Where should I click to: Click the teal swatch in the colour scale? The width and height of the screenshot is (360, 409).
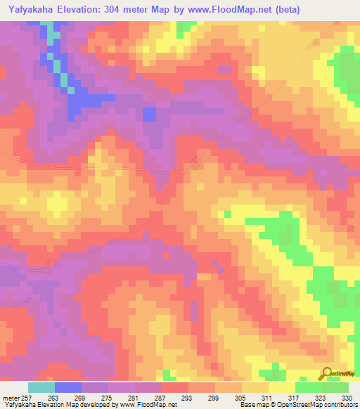tap(41, 387)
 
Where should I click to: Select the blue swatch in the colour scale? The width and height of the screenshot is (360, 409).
tap(68, 387)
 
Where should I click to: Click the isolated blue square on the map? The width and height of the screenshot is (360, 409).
tap(148, 114)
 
